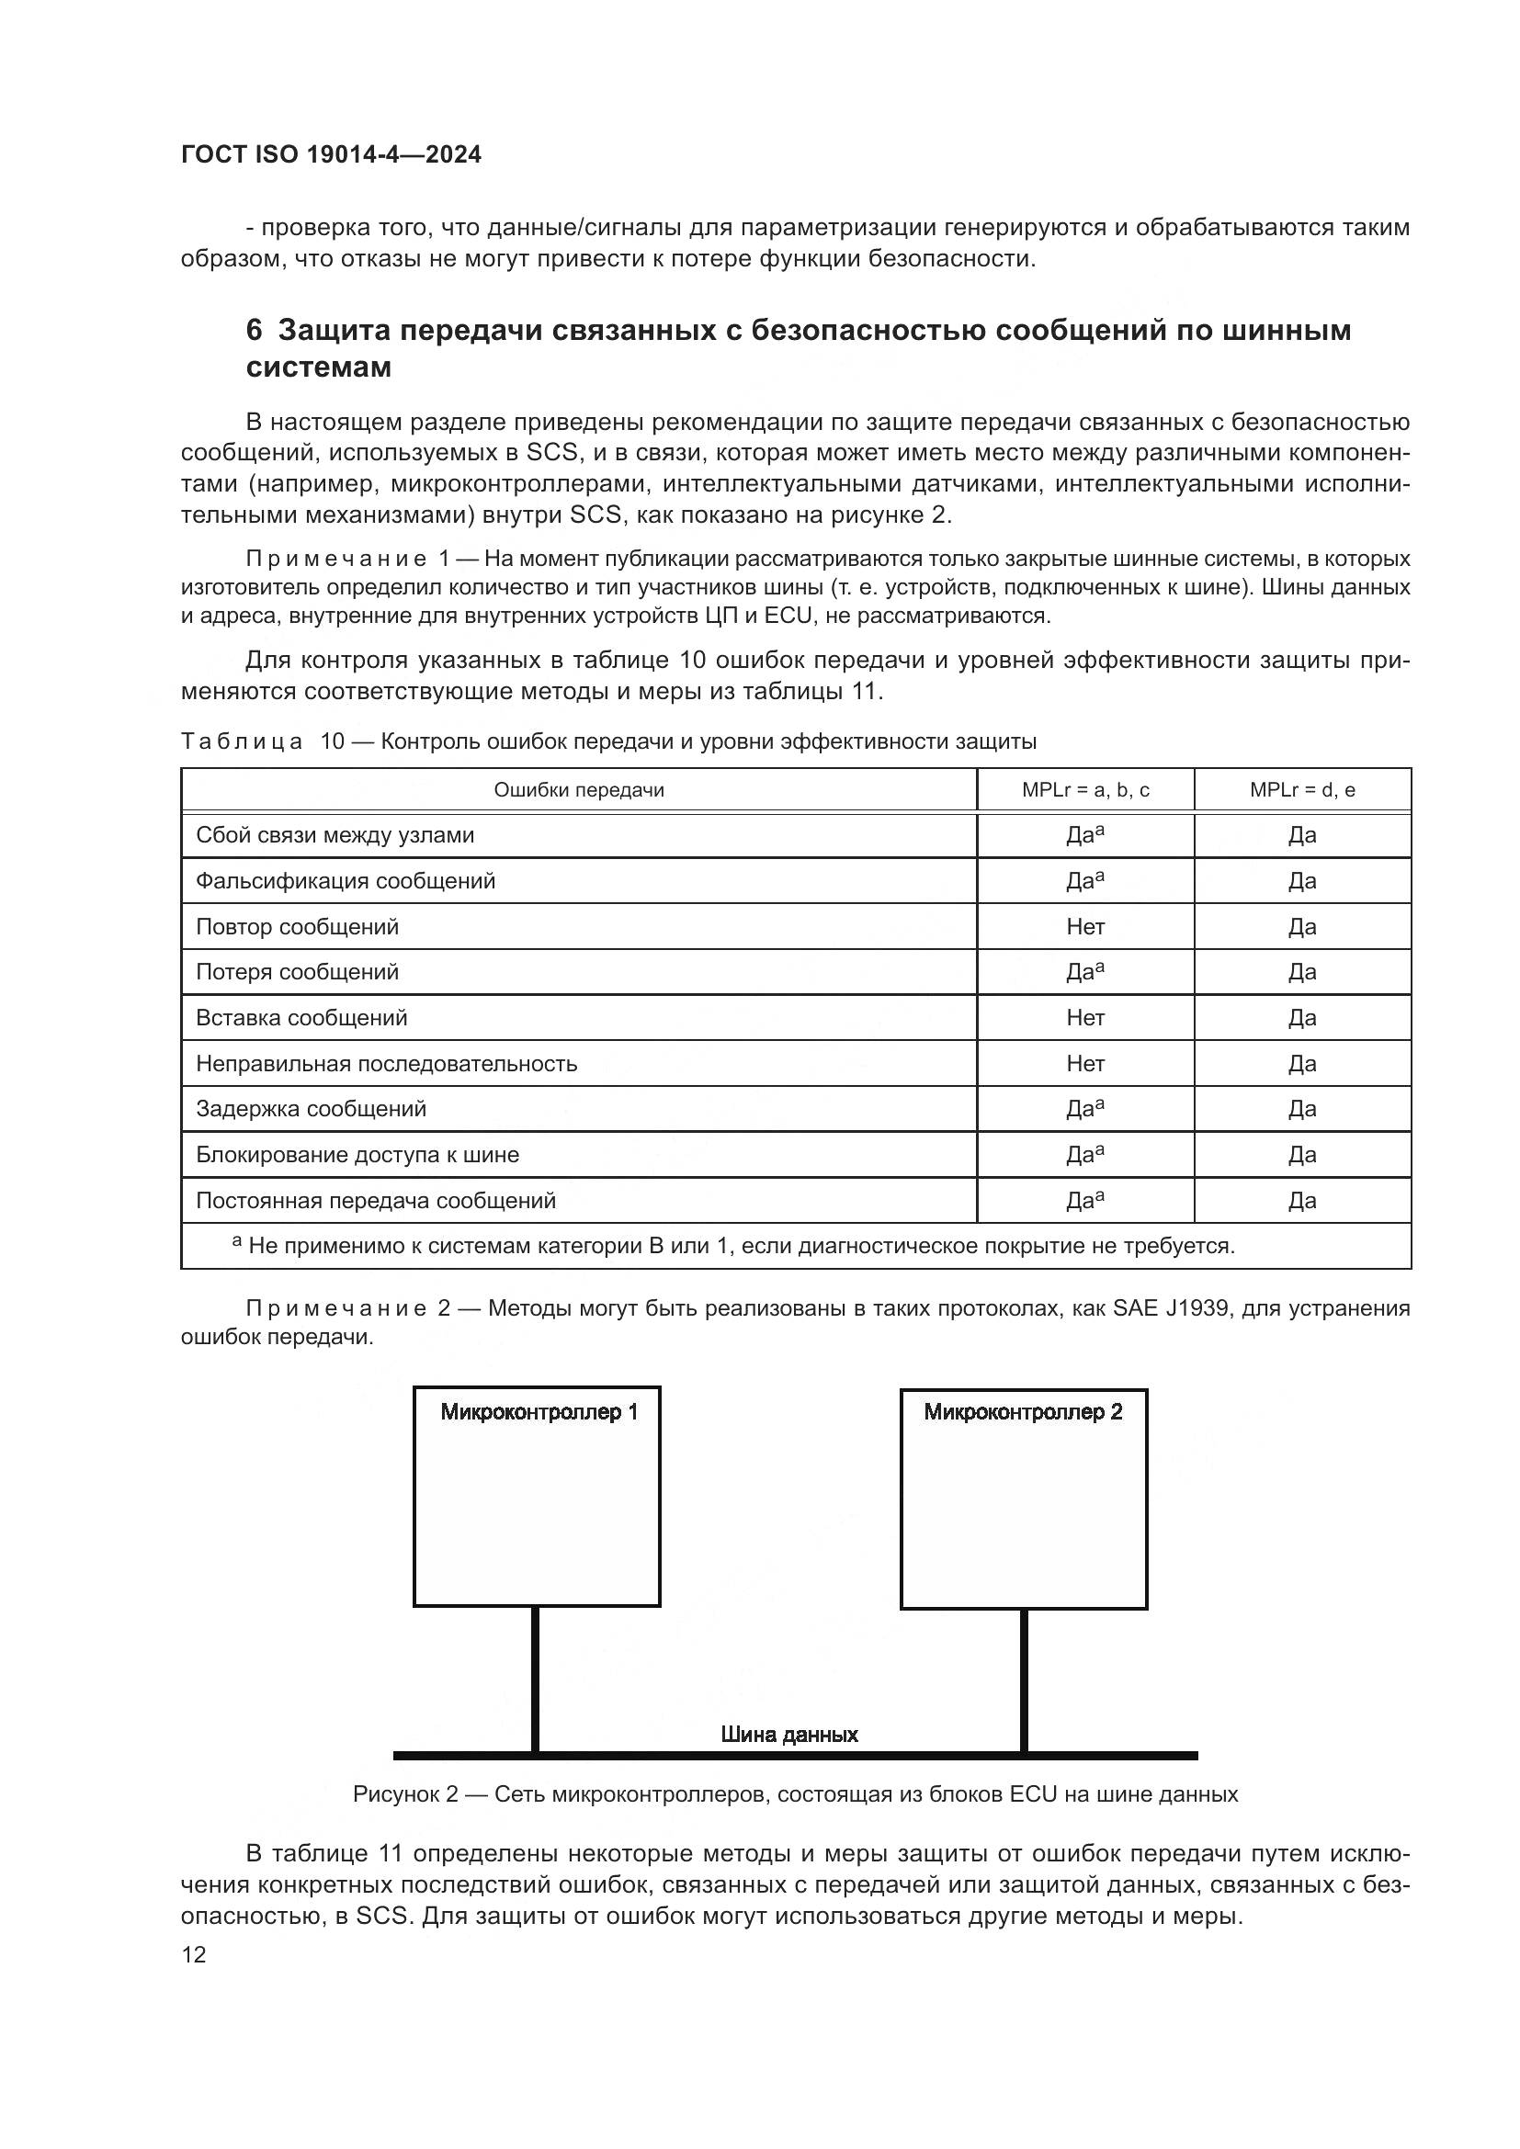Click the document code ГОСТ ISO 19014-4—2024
tap(332, 155)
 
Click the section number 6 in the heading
tap(254, 331)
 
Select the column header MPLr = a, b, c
tap(1085, 790)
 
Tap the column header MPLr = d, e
tap(1302, 790)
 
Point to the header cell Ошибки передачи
tap(578, 790)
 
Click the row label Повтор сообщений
tap(297, 927)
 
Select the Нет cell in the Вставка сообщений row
tap(1085, 1017)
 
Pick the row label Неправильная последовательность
tap(386, 1063)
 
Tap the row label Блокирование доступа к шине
tap(357, 1155)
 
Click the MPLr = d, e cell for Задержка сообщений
tap(1302, 1109)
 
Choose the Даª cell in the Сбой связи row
tap(1085, 835)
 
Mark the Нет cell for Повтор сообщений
tap(1085, 927)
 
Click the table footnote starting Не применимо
tap(740, 1247)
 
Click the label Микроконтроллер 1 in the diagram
tap(539, 1411)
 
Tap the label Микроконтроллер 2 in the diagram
tap(1023, 1411)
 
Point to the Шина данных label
tap(789, 1735)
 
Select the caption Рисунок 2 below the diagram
tap(795, 1794)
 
